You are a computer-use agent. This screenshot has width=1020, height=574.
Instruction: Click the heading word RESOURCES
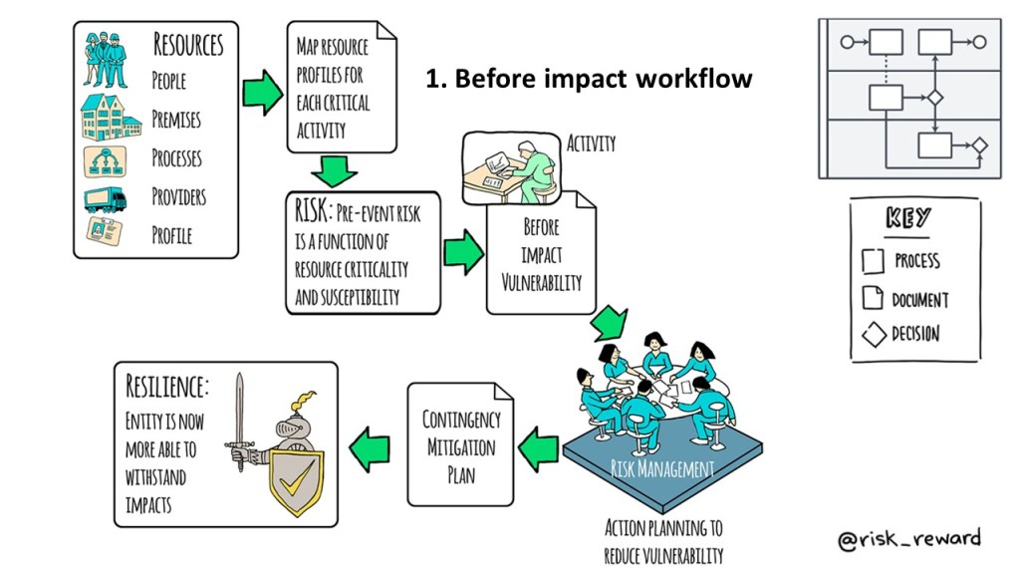click(x=188, y=45)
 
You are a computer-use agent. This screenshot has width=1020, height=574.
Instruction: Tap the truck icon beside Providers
click(x=106, y=199)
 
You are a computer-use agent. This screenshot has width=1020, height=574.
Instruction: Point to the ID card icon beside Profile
click(x=105, y=235)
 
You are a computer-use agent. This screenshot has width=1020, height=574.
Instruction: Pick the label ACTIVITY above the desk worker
click(x=590, y=143)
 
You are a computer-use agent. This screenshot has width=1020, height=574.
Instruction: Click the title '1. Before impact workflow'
click(x=589, y=79)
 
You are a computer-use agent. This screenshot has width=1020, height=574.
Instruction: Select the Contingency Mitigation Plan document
click(x=461, y=446)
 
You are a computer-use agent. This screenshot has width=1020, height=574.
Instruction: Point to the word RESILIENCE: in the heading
click(x=167, y=387)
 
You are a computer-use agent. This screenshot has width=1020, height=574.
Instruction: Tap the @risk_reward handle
click(x=908, y=539)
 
